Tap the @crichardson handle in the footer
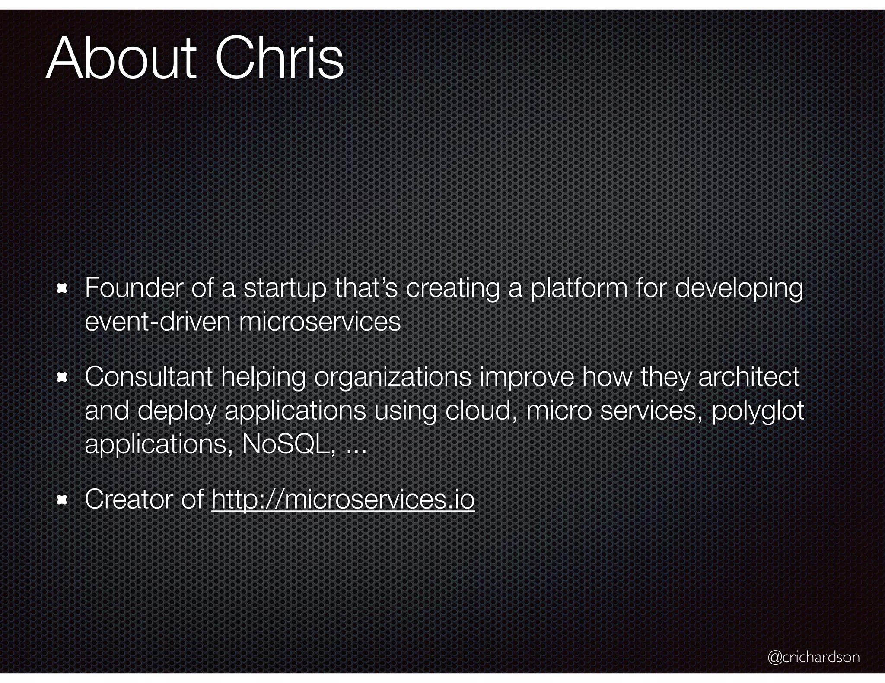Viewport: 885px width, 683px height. click(x=814, y=657)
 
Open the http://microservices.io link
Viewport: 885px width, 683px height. click(x=343, y=500)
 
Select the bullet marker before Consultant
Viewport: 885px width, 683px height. click(x=62, y=378)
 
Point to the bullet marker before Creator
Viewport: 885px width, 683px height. click(x=62, y=500)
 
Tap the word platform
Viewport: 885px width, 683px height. click(x=579, y=288)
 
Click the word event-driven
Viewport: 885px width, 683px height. click(x=158, y=322)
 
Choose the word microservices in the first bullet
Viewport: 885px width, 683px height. click(x=320, y=322)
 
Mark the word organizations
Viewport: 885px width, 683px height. click(x=393, y=378)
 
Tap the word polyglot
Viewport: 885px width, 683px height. click(x=758, y=411)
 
